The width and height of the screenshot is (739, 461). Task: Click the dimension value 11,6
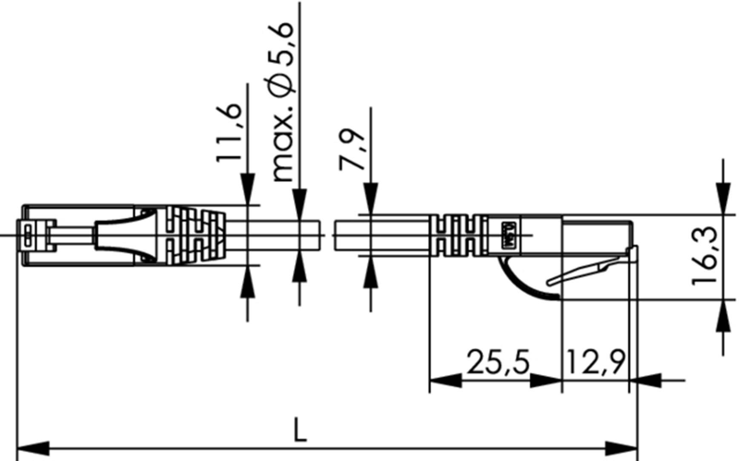229,132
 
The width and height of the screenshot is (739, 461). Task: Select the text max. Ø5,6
282,102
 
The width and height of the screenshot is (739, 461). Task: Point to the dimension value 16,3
705,256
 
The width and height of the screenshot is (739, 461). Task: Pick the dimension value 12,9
595,362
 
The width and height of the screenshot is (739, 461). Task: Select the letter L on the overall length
300,430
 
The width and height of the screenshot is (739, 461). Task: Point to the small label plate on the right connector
510,235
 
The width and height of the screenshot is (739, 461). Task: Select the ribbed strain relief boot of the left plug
192,235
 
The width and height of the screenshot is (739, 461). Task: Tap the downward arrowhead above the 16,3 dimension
723,198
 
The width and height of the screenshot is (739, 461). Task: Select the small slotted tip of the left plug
28,235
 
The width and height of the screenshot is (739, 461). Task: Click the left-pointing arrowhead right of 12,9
645,380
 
